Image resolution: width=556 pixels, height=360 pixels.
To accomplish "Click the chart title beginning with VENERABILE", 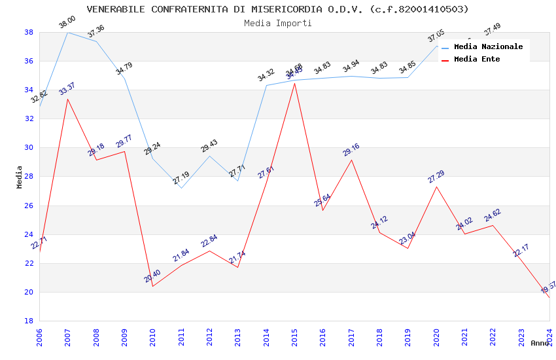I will pyautogui.click(x=277, y=9).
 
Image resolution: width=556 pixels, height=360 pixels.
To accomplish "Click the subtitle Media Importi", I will pyautogui.click(x=277, y=23).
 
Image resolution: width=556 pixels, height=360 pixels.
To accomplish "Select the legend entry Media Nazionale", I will pyautogui.click(x=488, y=46).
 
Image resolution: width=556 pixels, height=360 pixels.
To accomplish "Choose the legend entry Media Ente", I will pyautogui.click(x=477, y=59).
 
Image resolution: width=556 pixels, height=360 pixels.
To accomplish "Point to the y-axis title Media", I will pyautogui.click(x=20, y=177).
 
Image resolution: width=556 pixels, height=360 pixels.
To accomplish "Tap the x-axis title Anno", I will pyautogui.click(x=540, y=343).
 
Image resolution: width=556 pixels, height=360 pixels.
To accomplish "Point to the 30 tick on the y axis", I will pyautogui.click(x=29, y=148).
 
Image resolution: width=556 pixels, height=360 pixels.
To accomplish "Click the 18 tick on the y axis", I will pyautogui.click(x=29, y=321).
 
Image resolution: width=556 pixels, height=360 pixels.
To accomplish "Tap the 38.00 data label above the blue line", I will pyautogui.click(x=67, y=22).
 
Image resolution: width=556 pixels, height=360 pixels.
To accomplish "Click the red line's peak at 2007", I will pyautogui.click(x=67, y=99).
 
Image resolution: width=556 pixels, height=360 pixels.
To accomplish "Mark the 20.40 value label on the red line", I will pyautogui.click(x=152, y=276).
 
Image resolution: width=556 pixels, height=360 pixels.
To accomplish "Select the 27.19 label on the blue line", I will pyautogui.click(x=181, y=177).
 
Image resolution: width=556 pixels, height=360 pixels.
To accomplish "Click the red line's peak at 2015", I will pyautogui.click(x=294, y=83).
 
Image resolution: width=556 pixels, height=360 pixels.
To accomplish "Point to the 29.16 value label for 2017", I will pyautogui.click(x=351, y=150).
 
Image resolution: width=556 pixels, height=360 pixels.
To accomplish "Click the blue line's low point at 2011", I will pyautogui.click(x=181, y=188).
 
